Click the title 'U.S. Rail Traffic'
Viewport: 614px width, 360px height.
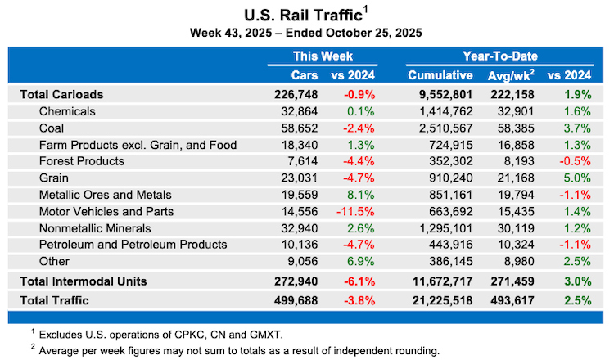coord(303,15)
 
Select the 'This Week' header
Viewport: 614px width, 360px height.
coord(323,56)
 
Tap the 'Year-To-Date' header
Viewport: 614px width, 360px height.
coord(500,56)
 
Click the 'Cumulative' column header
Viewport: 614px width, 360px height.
coord(440,75)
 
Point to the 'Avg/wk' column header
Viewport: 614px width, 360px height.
coord(511,75)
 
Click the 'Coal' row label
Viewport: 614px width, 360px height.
coord(52,128)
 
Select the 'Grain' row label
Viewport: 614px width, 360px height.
coord(54,178)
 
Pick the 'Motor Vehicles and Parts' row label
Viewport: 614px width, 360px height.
coord(106,212)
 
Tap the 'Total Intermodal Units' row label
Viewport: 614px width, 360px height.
coord(84,281)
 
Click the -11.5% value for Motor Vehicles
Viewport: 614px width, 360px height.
coord(355,212)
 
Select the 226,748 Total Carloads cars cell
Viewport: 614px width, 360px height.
coord(296,95)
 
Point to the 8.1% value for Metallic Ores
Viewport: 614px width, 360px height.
coord(361,195)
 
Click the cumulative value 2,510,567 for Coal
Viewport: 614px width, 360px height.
coord(446,128)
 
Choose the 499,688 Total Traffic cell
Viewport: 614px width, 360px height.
coord(296,300)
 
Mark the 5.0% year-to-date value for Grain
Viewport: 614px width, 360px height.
coord(577,178)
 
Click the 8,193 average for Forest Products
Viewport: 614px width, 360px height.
coord(519,161)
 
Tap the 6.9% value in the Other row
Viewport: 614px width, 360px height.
coord(361,261)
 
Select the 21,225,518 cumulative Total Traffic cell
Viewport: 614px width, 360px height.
coord(442,300)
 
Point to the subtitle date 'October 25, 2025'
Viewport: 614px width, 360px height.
coord(373,33)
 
